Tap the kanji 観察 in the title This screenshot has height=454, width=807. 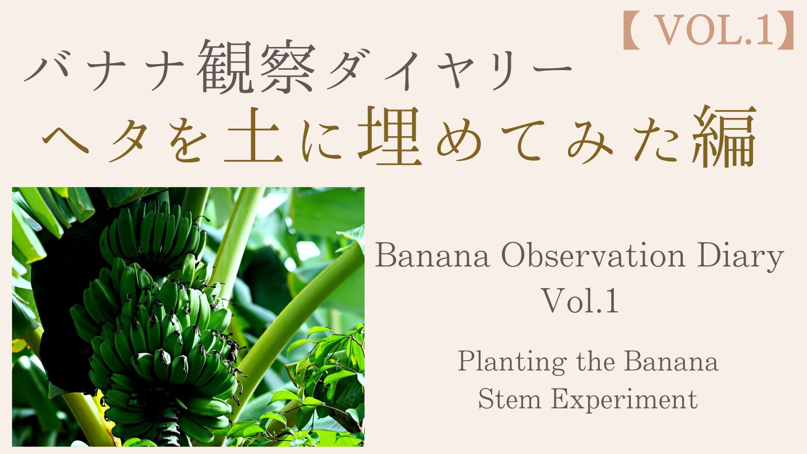256,67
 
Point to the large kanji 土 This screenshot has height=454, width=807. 252,137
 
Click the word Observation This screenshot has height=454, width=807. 593,256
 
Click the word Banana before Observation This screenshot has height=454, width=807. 432,256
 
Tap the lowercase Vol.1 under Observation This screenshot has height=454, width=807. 581,301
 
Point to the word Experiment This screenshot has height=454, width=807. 624,401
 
